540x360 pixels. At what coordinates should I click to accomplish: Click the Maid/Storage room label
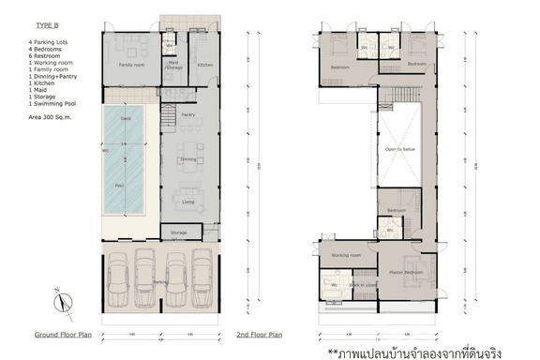(173, 65)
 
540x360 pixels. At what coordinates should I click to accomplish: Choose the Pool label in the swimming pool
(119, 187)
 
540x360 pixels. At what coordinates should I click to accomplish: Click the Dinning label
(187, 160)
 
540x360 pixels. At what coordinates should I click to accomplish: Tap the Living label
(187, 202)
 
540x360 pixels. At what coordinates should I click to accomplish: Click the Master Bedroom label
(407, 272)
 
